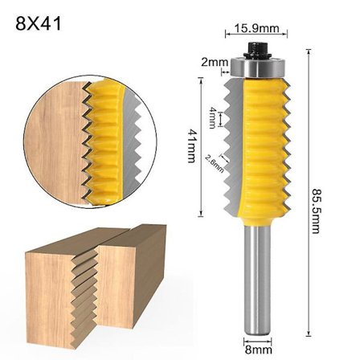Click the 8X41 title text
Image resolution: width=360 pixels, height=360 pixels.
(39, 22)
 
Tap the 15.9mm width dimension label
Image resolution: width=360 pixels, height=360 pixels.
(257, 29)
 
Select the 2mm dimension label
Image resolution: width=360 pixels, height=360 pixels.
(214, 62)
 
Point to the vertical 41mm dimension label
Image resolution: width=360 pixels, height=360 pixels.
(190, 146)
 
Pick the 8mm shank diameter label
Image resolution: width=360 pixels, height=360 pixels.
(258, 350)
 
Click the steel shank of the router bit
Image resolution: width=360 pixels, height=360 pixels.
(258, 281)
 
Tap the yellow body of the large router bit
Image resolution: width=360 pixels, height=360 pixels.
(258, 145)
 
